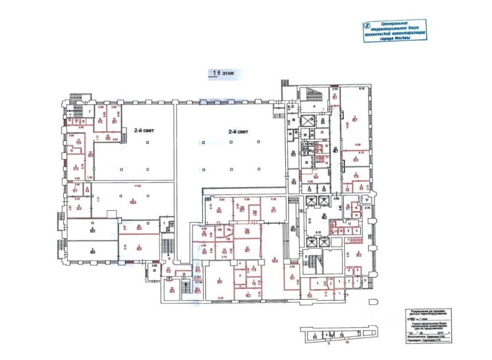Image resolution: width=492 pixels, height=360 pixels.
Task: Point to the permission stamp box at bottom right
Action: click(429, 326)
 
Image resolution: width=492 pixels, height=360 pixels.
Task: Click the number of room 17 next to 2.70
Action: click(366, 200)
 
